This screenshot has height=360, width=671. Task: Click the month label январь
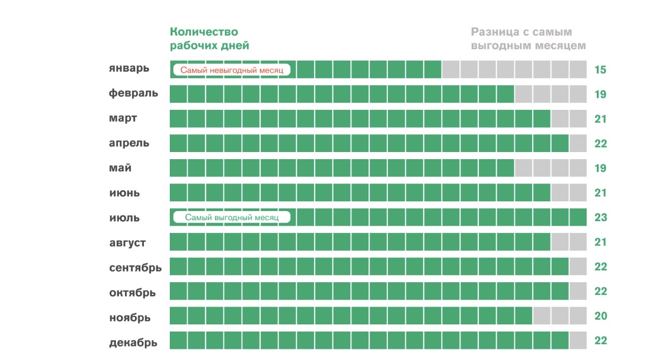pos(129,69)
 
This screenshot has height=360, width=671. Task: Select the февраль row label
pos(133,94)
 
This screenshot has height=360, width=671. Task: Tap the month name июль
pos(124,218)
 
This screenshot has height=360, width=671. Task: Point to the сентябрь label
pos(135,267)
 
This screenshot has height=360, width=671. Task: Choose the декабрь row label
pos(133,343)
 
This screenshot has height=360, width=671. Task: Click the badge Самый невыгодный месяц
pos(231,70)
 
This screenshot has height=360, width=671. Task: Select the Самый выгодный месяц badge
pos(231,218)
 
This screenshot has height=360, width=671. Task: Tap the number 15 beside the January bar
pos(600,70)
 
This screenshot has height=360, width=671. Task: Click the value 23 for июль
pos(600,218)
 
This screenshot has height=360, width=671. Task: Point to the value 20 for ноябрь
pos(600,316)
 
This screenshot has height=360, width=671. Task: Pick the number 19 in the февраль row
pos(600,94)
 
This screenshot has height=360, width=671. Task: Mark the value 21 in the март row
pos(600,119)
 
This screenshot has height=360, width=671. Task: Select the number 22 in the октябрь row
pos(600,291)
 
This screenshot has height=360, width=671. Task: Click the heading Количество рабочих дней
pos(209,39)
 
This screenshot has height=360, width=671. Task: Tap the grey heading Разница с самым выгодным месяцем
pos(528,39)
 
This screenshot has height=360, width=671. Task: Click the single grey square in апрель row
pos(578,143)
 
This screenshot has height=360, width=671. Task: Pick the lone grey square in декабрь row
pos(578,340)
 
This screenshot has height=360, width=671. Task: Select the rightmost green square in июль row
pos(578,217)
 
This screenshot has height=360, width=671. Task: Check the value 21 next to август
pos(600,242)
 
